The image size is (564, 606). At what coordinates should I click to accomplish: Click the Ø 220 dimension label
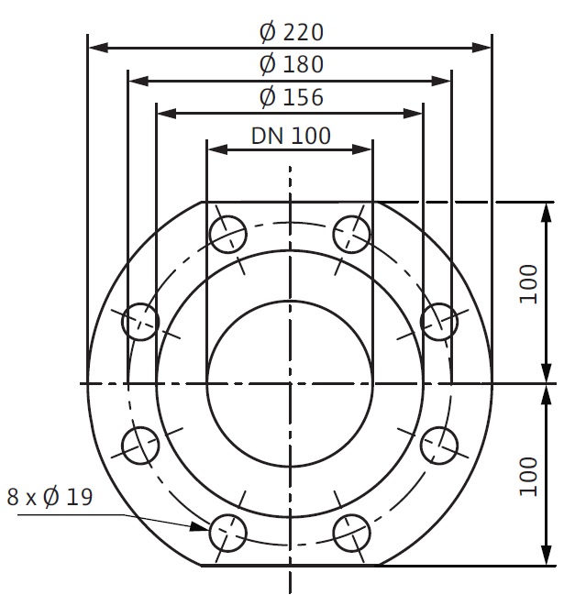tap(292, 32)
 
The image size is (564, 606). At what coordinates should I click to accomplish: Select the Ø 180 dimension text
tap(292, 64)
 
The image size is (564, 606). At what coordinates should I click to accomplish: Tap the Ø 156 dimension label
tap(292, 96)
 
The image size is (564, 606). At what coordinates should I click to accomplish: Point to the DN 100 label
tap(291, 136)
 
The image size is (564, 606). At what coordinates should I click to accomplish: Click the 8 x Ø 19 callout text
tap(50, 497)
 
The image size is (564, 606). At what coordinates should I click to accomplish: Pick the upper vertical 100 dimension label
tap(528, 284)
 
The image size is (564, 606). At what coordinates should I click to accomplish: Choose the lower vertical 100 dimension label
tap(528, 477)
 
